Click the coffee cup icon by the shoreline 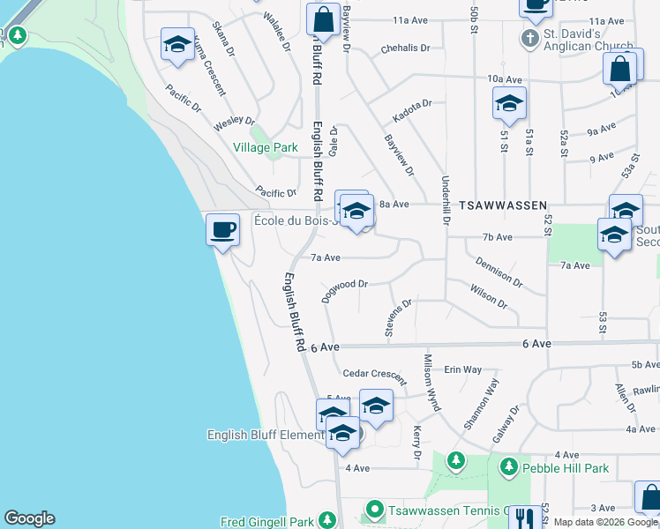pyautogui.click(x=223, y=230)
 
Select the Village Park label pyautogui.click(x=266, y=148)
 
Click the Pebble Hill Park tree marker pyautogui.click(x=509, y=466)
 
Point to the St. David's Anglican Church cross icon pyautogui.click(x=529, y=38)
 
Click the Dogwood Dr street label pyautogui.click(x=343, y=289)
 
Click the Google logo pyautogui.click(x=29, y=518)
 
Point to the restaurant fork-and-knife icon pyautogui.click(x=524, y=519)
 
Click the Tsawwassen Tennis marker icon pyautogui.click(x=375, y=510)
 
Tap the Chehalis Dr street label pyautogui.click(x=406, y=48)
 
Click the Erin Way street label pyautogui.click(x=462, y=369)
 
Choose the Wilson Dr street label pyautogui.click(x=489, y=297)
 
